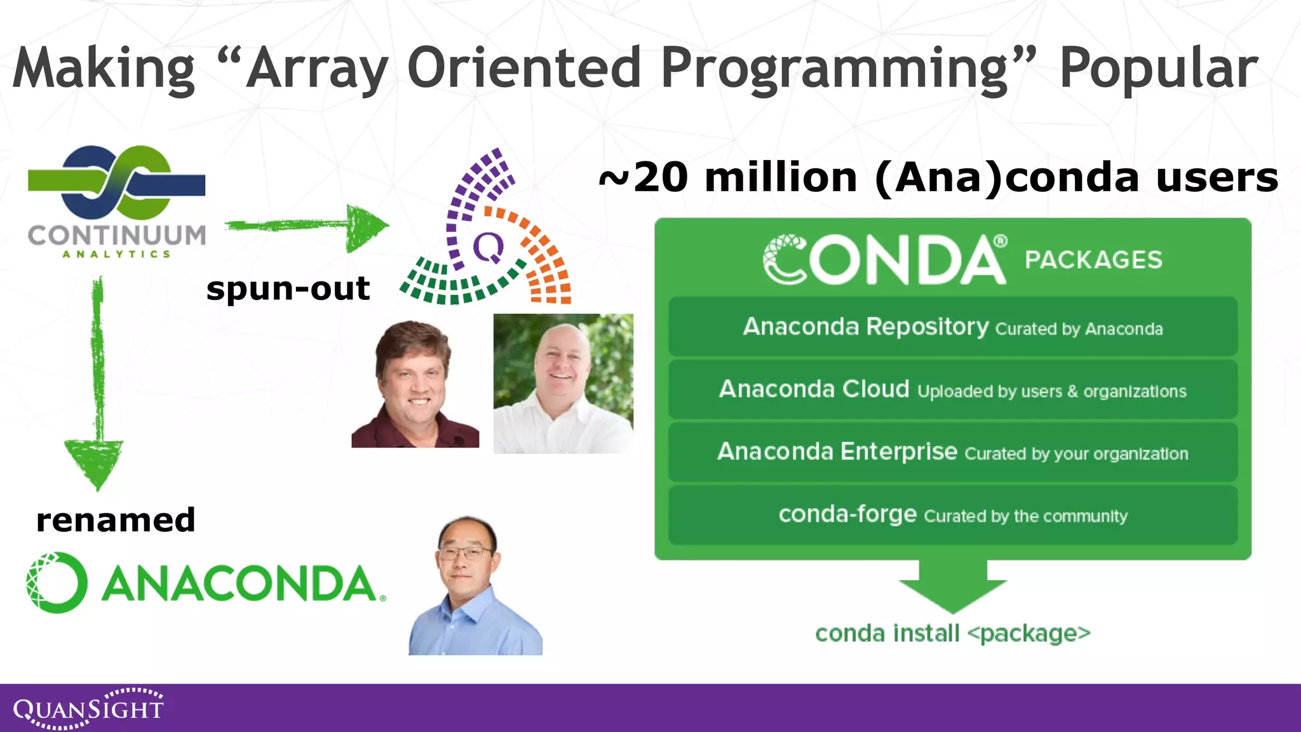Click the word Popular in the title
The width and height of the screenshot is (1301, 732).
pyautogui.click(x=1158, y=69)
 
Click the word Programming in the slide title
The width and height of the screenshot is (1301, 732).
pyautogui.click(x=834, y=69)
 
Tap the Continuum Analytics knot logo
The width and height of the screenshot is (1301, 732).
pyautogui.click(x=117, y=183)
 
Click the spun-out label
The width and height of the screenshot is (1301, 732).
pyautogui.click(x=288, y=289)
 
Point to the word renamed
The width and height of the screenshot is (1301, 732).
pyautogui.click(x=116, y=520)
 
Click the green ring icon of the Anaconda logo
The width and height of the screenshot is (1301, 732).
pyautogui.click(x=57, y=583)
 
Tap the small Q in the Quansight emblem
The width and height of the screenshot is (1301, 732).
pyautogui.click(x=489, y=247)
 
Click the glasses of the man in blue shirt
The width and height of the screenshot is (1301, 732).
pyautogui.click(x=467, y=553)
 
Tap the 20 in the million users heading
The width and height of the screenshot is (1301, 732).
pyautogui.click(x=661, y=177)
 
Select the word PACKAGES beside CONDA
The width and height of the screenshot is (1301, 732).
pyautogui.click(x=1093, y=260)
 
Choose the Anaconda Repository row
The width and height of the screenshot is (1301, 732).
pyautogui.click(x=952, y=327)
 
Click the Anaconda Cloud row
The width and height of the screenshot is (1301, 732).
pyautogui.click(x=952, y=390)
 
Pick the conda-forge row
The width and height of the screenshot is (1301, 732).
pyautogui.click(x=952, y=515)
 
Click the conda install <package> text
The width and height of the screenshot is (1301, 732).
pyautogui.click(x=952, y=634)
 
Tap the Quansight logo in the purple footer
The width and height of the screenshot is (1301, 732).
pyautogui.click(x=88, y=708)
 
